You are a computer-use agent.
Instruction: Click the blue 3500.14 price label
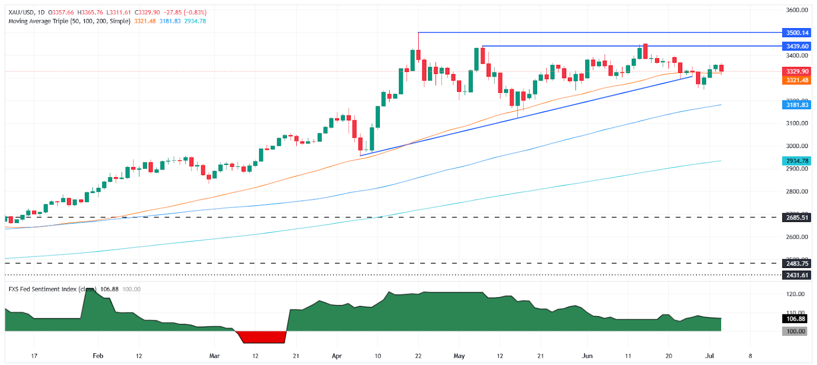797,33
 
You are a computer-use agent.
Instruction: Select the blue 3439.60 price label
797,46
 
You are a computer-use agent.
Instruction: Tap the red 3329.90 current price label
797,71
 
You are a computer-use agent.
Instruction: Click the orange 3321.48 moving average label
797,80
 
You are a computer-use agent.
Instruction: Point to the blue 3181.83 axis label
797,105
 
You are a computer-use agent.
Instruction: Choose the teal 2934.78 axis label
797,161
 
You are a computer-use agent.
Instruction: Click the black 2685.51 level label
797,217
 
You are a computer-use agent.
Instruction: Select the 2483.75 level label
797,263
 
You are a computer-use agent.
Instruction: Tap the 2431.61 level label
797,275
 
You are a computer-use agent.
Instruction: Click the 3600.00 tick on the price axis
797,10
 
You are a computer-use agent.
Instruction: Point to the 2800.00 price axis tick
797,191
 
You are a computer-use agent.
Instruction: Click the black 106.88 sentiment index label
796,319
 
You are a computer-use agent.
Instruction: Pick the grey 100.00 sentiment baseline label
796,331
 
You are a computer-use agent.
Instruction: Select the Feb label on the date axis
98,356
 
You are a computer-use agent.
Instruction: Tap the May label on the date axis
459,356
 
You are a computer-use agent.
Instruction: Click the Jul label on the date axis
709,356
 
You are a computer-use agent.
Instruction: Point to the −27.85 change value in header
172,12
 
